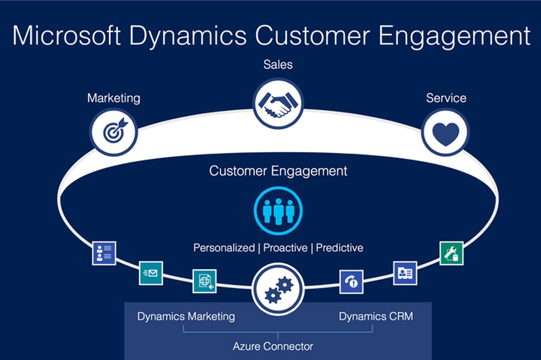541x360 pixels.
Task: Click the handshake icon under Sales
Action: tap(278, 103)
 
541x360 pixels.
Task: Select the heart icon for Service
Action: tap(445, 132)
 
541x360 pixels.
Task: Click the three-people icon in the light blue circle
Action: tap(278, 210)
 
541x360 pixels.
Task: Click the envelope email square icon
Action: tap(151, 273)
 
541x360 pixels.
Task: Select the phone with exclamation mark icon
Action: tap(351, 282)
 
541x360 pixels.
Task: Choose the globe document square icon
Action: tap(204, 281)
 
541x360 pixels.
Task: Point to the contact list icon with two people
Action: tap(104, 253)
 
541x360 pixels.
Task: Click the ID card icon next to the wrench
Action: tap(405, 273)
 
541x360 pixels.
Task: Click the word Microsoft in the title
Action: tap(66, 36)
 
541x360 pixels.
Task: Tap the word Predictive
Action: tap(339, 248)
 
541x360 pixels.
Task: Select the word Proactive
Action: tap(285, 248)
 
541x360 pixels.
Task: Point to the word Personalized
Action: tap(224, 248)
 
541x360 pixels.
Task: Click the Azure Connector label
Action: tap(273, 346)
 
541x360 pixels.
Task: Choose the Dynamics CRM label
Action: tap(375, 316)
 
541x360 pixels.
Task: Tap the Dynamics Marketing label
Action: tap(186, 316)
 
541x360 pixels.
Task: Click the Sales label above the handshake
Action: tap(278, 65)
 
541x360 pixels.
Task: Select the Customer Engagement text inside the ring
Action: tap(278, 171)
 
